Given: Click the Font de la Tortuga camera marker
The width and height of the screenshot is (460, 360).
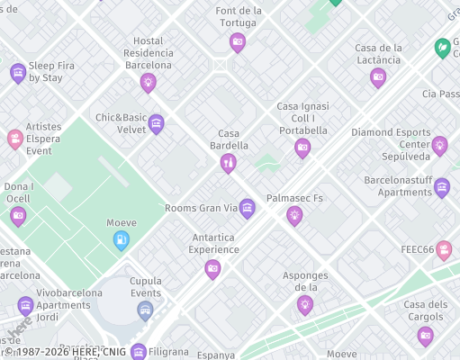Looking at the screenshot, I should [238, 40].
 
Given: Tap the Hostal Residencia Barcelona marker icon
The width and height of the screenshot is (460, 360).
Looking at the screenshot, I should [149, 82].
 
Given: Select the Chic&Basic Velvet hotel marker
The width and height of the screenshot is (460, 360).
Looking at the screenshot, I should [157, 123].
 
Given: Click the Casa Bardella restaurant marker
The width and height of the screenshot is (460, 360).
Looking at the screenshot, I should [228, 162].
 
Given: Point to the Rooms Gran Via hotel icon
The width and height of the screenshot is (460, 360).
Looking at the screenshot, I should [247, 208].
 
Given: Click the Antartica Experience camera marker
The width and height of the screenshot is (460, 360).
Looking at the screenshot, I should [212, 267].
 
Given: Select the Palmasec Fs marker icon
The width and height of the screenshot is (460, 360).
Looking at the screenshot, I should [293, 214].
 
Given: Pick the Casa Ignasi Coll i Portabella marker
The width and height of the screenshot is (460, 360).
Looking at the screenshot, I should [302, 147].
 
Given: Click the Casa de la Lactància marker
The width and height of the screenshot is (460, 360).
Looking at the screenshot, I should [378, 76].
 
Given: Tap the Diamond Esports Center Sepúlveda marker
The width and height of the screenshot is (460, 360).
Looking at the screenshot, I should [439, 144].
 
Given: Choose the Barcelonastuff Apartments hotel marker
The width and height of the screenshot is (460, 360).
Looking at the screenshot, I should [441, 187].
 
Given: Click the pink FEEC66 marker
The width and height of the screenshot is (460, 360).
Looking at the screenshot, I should [444, 249].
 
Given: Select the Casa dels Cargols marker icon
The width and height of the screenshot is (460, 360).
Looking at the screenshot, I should [425, 336].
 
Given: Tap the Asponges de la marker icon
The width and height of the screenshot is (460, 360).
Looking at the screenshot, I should [305, 304].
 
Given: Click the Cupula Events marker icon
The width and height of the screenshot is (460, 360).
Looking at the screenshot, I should [145, 310].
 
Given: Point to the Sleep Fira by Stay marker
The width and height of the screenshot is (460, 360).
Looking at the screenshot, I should [18, 72].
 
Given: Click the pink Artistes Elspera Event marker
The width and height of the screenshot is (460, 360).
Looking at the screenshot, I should [15, 138].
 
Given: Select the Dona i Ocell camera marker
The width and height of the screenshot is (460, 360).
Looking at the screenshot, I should [18, 215].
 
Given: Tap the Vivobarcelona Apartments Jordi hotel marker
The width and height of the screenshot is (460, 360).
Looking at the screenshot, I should [25, 305].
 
